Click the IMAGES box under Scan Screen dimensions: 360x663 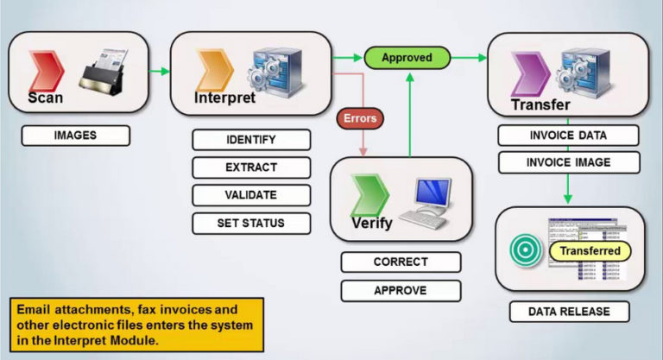76,136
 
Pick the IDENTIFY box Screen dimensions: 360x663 250,140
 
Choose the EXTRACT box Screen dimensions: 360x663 250,167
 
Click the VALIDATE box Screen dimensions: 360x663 250,194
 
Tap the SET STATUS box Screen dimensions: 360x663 250,222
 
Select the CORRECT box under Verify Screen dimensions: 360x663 401,262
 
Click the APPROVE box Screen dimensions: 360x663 401,290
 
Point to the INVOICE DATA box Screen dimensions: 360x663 568,136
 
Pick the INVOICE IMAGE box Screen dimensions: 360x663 568,162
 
